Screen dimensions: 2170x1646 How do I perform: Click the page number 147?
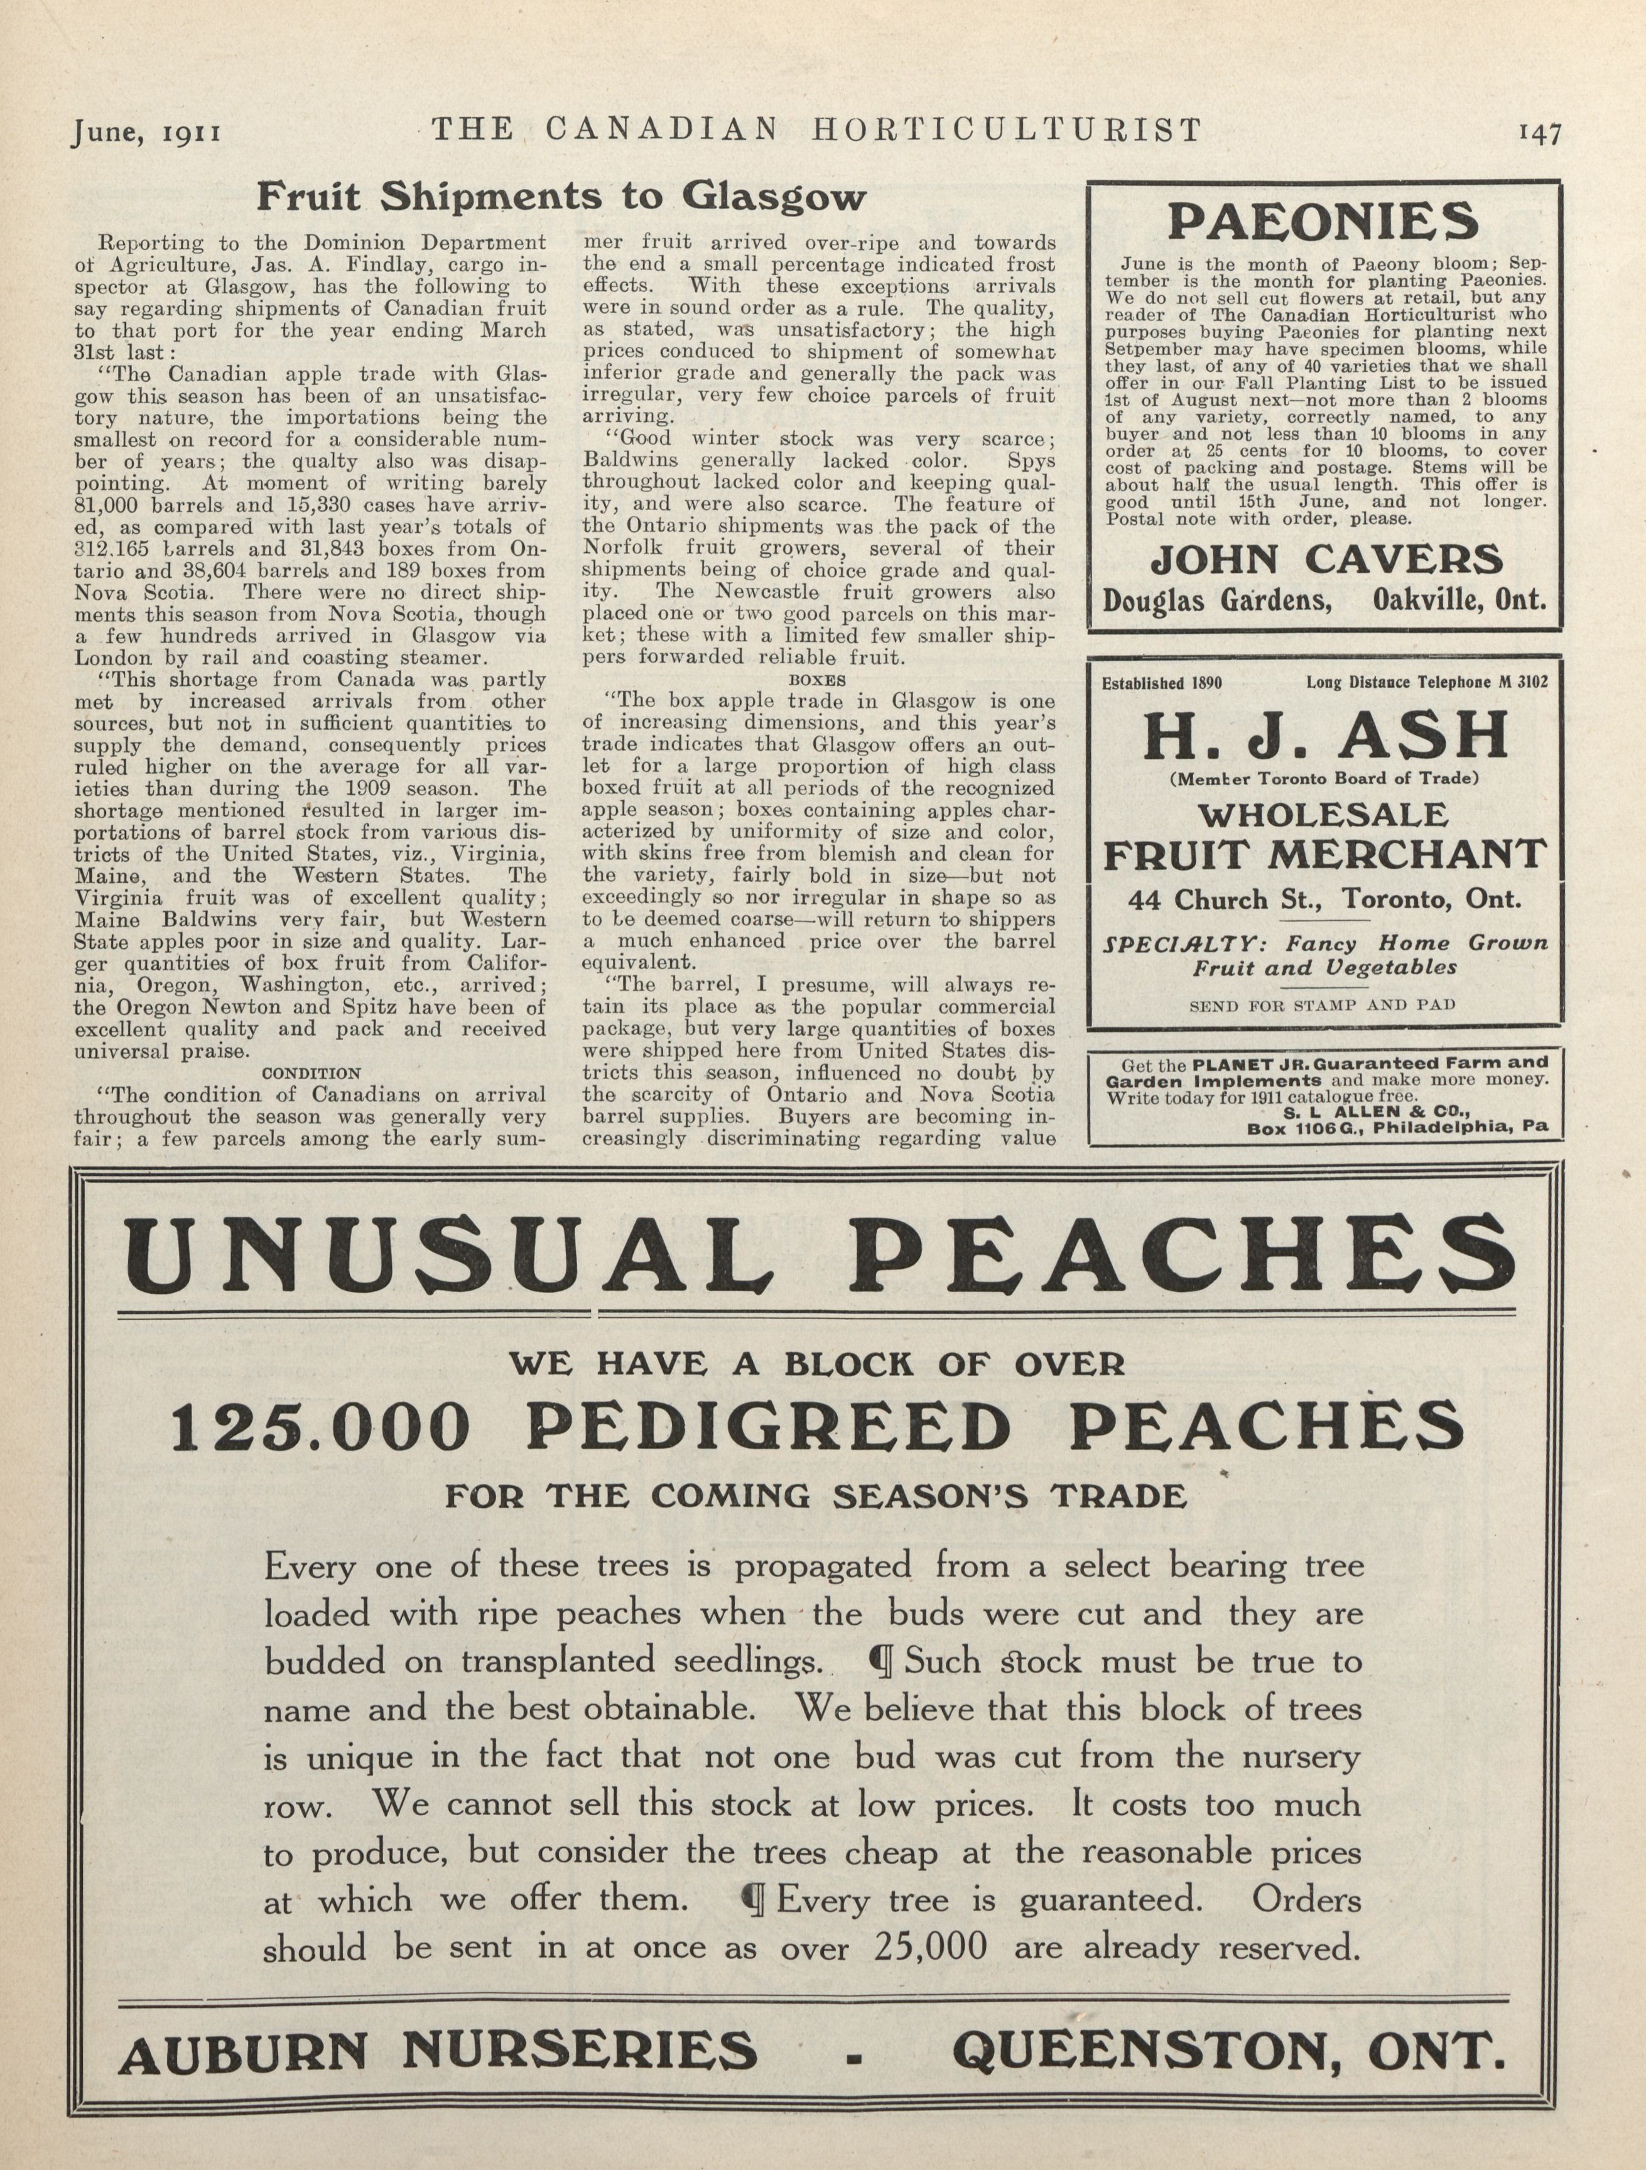coord(1538,133)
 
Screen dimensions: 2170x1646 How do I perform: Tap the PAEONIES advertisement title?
coord(1323,223)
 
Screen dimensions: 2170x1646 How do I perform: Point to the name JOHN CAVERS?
coord(1325,560)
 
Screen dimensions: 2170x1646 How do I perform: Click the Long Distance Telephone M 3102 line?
coord(1427,683)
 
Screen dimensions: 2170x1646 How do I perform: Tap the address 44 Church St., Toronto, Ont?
coord(1324,899)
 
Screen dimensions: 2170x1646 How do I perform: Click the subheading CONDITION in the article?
coord(311,1073)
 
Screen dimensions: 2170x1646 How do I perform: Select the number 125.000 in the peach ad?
coord(320,1428)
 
